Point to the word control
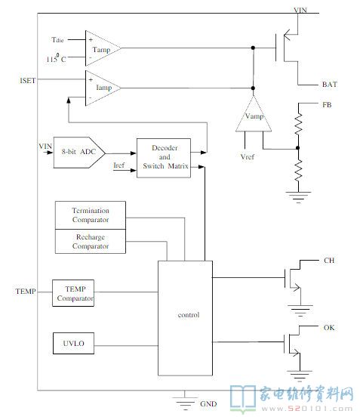click(x=189, y=315)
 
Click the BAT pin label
click(x=330, y=85)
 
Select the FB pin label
click(x=327, y=105)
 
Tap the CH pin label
click(x=329, y=261)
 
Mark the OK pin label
click(x=329, y=328)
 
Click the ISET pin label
click(x=28, y=81)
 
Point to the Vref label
click(x=248, y=157)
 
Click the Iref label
click(x=118, y=165)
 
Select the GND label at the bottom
click(x=208, y=404)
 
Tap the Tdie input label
click(x=57, y=40)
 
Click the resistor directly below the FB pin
click(x=298, y=124)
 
